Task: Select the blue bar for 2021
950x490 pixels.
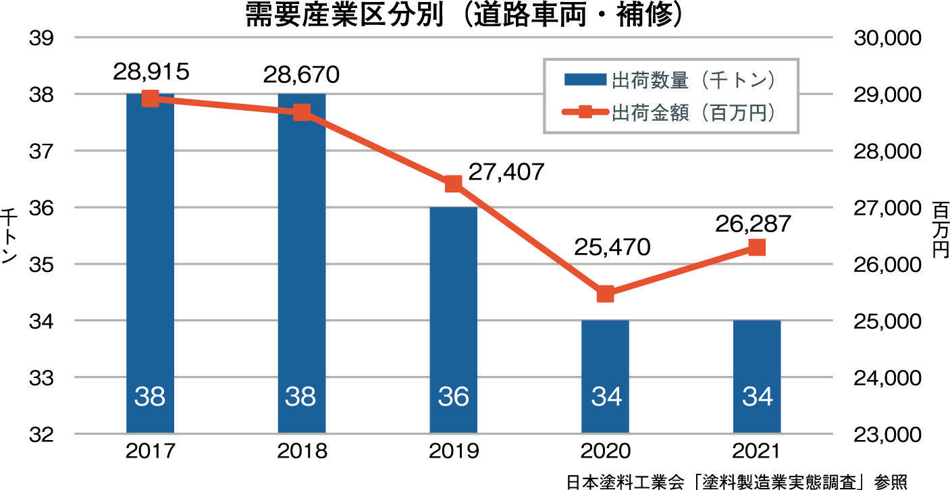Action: [757, 364]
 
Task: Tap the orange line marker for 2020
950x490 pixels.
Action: [606, 294]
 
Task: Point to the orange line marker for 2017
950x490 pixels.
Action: [150, 99]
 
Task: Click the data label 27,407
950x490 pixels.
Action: [506, 172]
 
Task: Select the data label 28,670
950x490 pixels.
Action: [302, 74]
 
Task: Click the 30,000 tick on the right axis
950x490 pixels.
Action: [887, 38]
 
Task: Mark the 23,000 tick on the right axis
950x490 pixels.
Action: [887, 434]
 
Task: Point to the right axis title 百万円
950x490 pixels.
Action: [940, 229]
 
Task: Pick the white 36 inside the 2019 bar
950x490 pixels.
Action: [453, 397]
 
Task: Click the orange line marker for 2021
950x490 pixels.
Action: [757, 248]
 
